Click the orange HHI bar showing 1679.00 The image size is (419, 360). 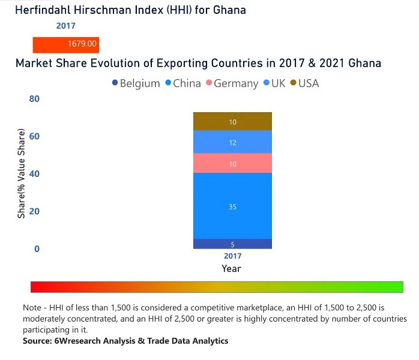[65, 44]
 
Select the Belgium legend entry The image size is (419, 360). [136, 83]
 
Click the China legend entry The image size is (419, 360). [182, 83]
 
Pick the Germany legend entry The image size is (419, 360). [232, 83]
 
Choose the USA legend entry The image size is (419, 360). [304, 83]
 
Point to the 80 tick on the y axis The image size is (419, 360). [34, 99]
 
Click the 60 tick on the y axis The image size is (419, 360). [34, 136]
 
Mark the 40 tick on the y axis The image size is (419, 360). [34, 174]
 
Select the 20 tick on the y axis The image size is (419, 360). [34, 211]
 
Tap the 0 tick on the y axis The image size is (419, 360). [36, 249]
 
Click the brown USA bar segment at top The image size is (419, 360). [232, 122]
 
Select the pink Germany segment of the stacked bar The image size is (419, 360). [232, 163]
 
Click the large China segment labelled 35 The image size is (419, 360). [232, 206]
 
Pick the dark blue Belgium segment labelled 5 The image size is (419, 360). [232, 244]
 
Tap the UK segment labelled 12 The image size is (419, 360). [232, 142]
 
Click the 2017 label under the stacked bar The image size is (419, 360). [232, 256]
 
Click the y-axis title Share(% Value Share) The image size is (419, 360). [22, 174]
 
